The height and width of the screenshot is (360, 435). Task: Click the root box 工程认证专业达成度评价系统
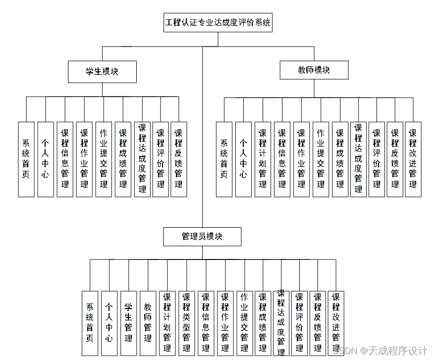(217, 23)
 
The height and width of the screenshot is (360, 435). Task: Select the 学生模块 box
(102, 71)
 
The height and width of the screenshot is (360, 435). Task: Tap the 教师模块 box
(314, 70)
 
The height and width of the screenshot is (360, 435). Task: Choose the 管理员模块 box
(202, 236)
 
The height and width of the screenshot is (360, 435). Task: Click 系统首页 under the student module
(26, 159)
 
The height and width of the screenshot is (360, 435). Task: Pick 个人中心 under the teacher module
(243, 159)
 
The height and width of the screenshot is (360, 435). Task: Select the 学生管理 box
(128, 323)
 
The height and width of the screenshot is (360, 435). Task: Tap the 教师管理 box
(148, 323)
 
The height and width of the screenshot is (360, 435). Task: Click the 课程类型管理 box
(186, 323)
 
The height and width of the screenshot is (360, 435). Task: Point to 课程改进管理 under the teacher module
(413, 159)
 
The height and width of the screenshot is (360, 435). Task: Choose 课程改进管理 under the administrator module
(336, 323)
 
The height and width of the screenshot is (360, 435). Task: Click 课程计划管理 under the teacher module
(263, 159)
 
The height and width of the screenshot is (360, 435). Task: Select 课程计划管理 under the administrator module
(167, 323)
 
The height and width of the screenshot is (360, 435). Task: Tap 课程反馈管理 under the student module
(178, 159)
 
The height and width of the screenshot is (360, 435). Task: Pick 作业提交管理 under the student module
(104, 159)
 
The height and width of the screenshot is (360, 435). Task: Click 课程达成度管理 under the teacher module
(358, 159)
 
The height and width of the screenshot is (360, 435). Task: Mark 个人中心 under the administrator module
(109, 323)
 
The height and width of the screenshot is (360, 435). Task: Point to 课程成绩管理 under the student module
(123, 159)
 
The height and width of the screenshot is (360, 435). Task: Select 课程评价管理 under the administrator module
(299, 323)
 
